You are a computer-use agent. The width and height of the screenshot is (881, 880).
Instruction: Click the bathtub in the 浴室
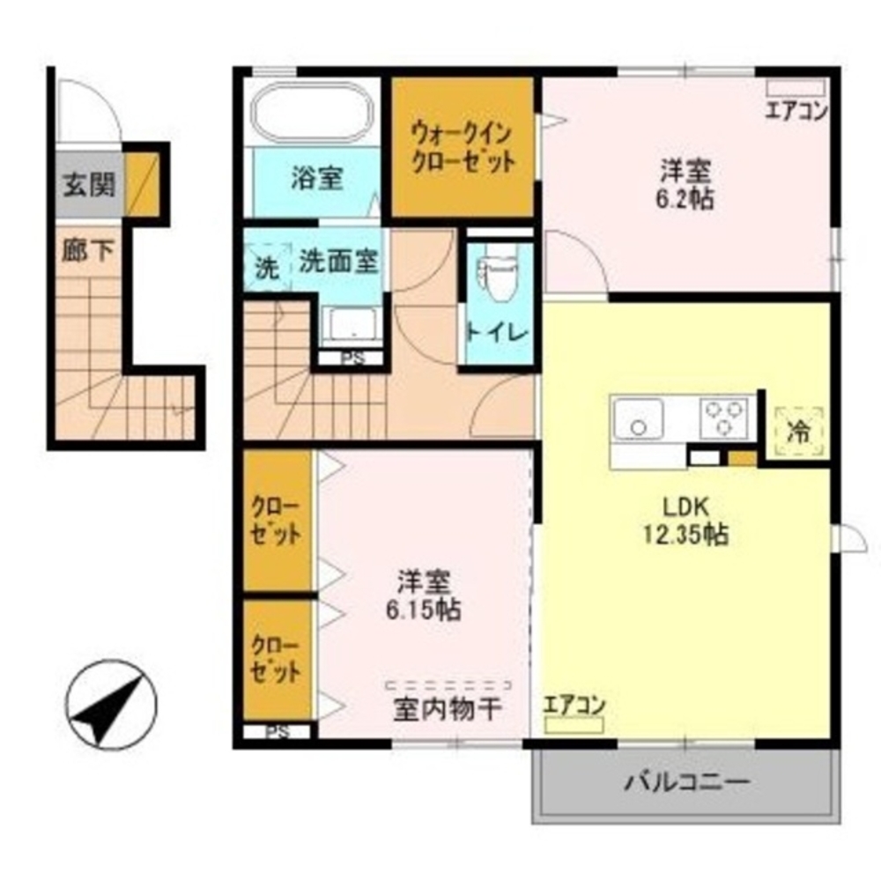[x=314, y=113]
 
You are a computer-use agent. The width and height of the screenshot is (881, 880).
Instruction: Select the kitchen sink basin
[x=637, y=418]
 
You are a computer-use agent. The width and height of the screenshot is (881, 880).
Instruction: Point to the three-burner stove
[x=724, y=417]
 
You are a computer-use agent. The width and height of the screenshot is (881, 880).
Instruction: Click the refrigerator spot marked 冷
[x=799, y=433]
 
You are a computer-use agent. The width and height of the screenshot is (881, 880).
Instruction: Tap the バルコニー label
[x=687, y=780]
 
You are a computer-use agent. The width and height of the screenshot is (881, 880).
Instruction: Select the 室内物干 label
[x=448, y=709]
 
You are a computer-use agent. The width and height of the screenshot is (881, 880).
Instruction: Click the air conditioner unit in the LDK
[x=574, y=725]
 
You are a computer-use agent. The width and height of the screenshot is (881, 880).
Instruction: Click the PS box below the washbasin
[x=350, y=359]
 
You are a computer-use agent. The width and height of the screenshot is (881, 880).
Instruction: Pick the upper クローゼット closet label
[x=277, y=521]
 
